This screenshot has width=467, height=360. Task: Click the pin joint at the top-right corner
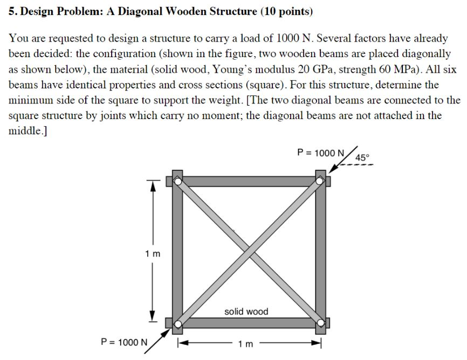point(320,181)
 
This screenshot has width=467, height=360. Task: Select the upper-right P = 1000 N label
point(320,153)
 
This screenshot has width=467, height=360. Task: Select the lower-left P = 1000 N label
point(124,342)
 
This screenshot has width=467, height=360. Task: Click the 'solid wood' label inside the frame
point(246,311)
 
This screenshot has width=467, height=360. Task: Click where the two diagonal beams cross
point(249,252)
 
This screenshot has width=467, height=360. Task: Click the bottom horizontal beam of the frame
point(248,323)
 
